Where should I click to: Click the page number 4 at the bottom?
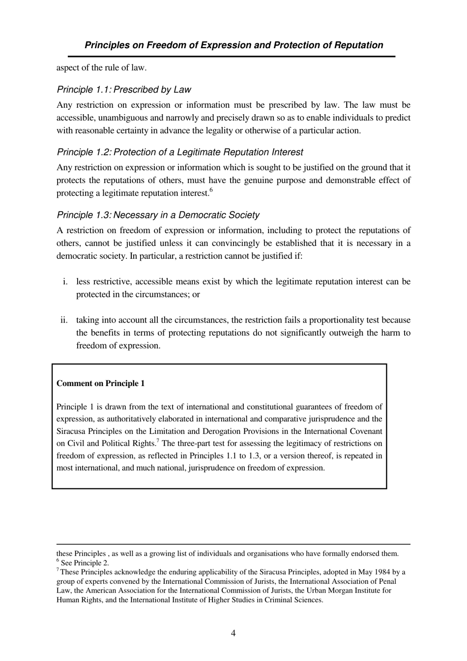(x=233, y=633)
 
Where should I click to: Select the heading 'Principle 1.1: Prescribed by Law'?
(x=123, y=90)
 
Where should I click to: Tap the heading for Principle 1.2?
(x=179, y=152)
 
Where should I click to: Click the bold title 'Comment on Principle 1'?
(x=100, y=384)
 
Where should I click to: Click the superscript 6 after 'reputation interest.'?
(x=211, y=190)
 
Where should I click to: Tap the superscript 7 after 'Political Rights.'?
(x=157, y=440)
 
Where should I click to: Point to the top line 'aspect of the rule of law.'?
(x=101, y=68)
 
